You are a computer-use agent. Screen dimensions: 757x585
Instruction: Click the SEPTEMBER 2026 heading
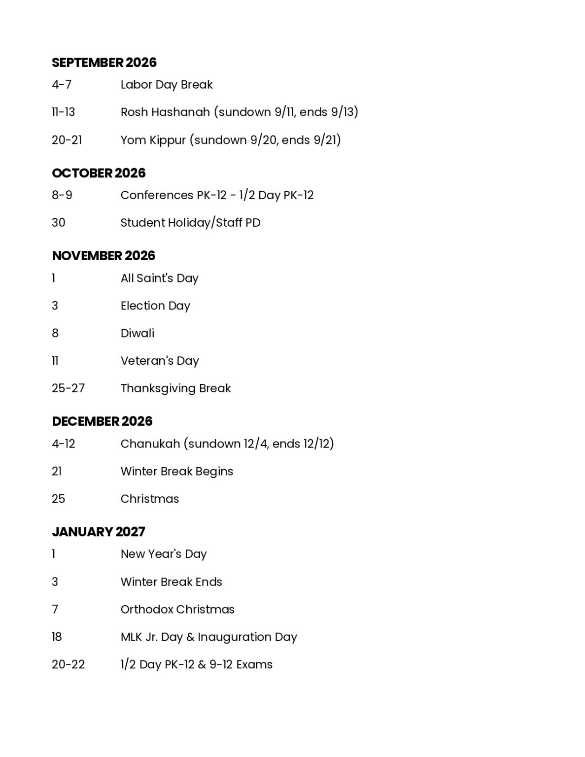[x=104, y=63]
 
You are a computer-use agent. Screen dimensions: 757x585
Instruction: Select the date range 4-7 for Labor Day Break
[x=62, y=85]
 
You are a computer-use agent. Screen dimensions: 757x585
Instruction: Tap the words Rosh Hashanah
[x=165, y=112]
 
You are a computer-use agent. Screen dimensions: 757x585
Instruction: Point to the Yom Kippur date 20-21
[x=67, y=140]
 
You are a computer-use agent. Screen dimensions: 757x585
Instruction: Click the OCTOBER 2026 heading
[x=99, y=173]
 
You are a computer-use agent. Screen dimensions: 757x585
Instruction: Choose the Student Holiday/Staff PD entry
[x=190, y=223]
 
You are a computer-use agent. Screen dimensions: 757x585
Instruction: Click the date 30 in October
[x=58, y=223]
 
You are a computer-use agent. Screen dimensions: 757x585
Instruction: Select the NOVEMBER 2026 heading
[x=103, y=256]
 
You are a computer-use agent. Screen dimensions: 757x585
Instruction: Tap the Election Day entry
[x=155, y=306]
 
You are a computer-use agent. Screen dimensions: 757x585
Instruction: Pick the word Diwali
[x=138, y=333]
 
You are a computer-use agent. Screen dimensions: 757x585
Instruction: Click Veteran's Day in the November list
[x=160, y=361]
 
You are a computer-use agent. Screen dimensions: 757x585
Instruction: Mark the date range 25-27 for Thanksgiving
[x=68, y=388]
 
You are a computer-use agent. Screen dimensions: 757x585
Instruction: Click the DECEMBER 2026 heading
[x=102, y=421]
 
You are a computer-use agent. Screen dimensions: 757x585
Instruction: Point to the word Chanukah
[x=150, y=444]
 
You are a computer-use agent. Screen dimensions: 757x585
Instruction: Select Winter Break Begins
[x=176, y=471]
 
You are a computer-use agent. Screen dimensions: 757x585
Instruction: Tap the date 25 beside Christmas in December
[x=58, y=499]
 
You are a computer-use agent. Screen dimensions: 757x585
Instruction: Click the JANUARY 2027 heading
[x=99, y=532]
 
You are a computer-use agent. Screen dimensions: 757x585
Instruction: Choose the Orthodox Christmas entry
[x=177, y=610]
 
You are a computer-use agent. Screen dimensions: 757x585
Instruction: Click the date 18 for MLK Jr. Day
[x=57, y=637]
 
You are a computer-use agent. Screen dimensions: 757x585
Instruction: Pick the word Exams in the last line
[x=254, y=665]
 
